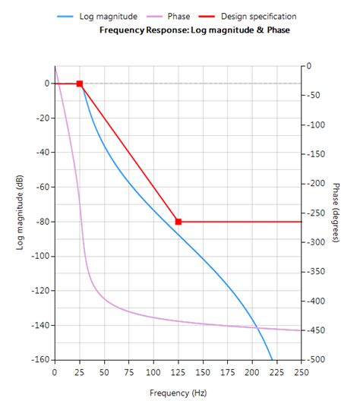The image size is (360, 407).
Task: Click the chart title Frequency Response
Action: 194,30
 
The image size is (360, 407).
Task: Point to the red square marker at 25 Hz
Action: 79,84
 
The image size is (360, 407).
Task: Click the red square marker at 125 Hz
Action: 178,222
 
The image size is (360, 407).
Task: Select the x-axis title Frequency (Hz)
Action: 177,393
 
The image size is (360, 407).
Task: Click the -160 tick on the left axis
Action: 38,360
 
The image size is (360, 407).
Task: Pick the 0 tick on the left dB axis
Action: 46,84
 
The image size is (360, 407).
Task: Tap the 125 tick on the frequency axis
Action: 178,372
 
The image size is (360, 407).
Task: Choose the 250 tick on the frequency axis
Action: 302,372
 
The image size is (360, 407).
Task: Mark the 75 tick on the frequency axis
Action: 128,372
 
